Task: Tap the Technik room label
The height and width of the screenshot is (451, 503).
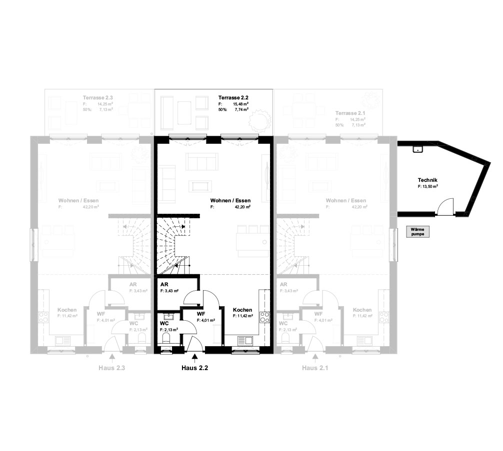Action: [x=427, y=180]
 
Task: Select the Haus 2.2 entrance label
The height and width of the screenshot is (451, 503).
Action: [x=194, y=369]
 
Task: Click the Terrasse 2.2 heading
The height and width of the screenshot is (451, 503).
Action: [x=233, y=97]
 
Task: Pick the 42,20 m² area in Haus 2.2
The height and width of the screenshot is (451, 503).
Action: [x=242, y=206]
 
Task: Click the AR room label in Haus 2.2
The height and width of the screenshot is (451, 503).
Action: [x=163, y=284]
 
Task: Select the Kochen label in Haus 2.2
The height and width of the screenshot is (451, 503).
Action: [x=242, y=310]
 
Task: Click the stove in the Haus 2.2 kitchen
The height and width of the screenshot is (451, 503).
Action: [x=264, y=317]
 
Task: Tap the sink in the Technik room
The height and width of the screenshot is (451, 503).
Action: [x=416, y=148]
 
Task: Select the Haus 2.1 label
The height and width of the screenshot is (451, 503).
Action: [x=315, y=369]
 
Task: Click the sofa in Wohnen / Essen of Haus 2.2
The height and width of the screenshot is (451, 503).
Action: [x=201, y=161]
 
